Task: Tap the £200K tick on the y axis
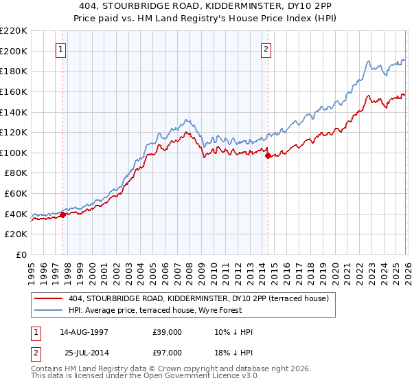click(x=14, y=51)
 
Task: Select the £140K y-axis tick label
click(x=14, y=112)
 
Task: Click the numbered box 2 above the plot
click(x=266, y=49)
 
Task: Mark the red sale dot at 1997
click(x=62, y=214)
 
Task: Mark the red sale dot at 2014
click(x=268, y=155)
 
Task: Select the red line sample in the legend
click(x=49, y=298)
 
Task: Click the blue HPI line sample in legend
click(x=49, y=310)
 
